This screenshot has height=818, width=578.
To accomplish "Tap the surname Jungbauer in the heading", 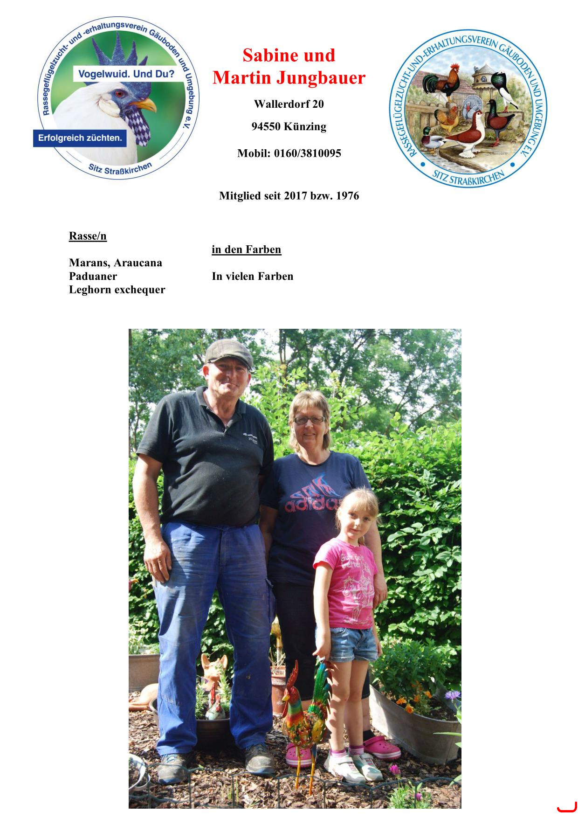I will [x=321, y=77].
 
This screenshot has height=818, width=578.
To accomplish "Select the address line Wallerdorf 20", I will [x=289, y=104].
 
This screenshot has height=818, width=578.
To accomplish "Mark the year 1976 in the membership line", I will [x=347, y=196].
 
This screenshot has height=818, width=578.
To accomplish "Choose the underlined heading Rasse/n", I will [x=88, y=236].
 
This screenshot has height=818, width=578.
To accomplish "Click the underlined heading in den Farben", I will [x=246, y=250].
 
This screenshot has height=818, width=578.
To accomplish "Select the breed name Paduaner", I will [x=93, y=276].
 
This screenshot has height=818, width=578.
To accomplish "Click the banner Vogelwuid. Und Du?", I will [x=126, y=74].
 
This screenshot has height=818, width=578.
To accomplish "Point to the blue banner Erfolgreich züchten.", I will [x=80, y=138].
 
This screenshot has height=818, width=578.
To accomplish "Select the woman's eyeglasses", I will [x=309, y=420].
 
